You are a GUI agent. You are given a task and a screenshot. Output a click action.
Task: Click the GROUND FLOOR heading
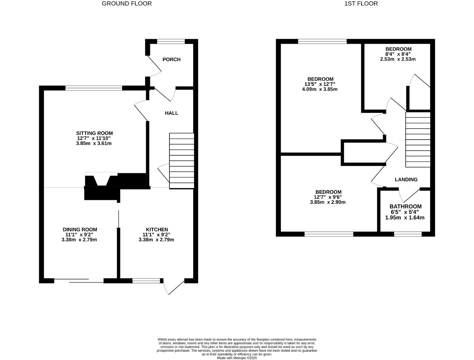[x=126, y=4]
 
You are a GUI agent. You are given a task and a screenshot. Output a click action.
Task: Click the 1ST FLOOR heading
[x=361, y=4]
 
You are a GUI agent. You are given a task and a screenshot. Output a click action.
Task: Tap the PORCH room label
[x=171, y=59]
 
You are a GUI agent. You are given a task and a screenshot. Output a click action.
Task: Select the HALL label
[x=171, y=113]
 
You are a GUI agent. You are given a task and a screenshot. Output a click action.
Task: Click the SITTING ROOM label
[x=94, y=133]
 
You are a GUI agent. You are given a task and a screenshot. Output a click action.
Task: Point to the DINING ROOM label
[x=80, y=229]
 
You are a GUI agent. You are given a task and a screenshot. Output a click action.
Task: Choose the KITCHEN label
[x=157, y=229]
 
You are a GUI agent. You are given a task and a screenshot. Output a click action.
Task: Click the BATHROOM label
[x=405, y=206]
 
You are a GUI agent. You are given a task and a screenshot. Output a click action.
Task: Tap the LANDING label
[x=406, y=179]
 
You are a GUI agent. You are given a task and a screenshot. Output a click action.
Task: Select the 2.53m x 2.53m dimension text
[x=398, y=59]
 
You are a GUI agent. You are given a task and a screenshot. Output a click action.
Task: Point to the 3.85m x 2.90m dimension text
[x=328, y=202]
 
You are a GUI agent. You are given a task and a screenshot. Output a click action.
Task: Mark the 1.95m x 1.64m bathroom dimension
[x=405, y=218]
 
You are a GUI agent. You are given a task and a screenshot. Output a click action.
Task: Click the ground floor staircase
[x=182, y=161]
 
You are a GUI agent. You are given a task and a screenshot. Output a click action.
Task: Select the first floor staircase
[x=418, y=139]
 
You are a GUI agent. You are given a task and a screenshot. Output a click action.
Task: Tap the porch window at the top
[x=171, y=42]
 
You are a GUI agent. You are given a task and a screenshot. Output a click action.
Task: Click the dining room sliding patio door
[x=79, y=281]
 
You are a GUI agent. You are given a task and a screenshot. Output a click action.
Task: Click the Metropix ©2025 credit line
[x=237, y=358]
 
